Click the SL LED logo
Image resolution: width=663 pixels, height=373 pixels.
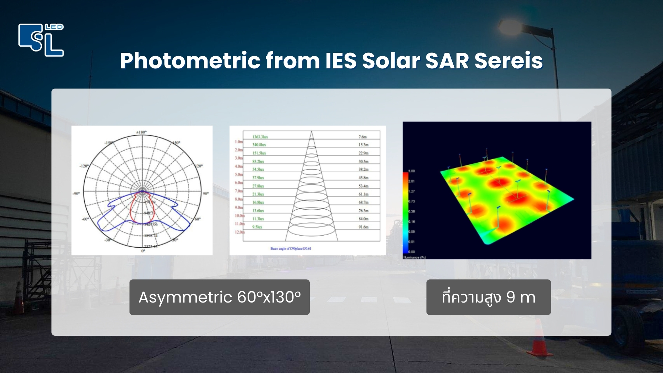click(x=41, y=40)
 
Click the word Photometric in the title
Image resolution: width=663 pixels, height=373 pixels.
click(x=190, y=61)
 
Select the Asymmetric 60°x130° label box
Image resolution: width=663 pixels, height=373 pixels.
click(x=219, y=297)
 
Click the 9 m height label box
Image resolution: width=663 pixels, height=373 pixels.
click(x=488, y=297)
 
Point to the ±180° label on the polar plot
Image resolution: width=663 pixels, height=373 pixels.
click(x=142, y=132)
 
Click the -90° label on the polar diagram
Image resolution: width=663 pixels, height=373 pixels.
click(x=76, y=193)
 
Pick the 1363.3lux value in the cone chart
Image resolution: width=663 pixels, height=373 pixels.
click(x=260, y=137)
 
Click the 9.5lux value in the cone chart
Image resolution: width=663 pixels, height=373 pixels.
click(x=257, y=227)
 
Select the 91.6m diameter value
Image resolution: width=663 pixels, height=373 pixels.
click(x=363, y=227)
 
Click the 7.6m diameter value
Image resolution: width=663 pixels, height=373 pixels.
click(x=362, y=137)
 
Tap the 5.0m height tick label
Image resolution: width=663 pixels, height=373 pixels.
click(x=239, y=175)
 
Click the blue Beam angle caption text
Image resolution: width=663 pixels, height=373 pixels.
click(x=291, y=249)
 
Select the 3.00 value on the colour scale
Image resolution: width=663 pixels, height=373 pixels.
click(x=411, y=171)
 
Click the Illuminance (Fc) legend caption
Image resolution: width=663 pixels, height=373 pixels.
click(x=414, y=257)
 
